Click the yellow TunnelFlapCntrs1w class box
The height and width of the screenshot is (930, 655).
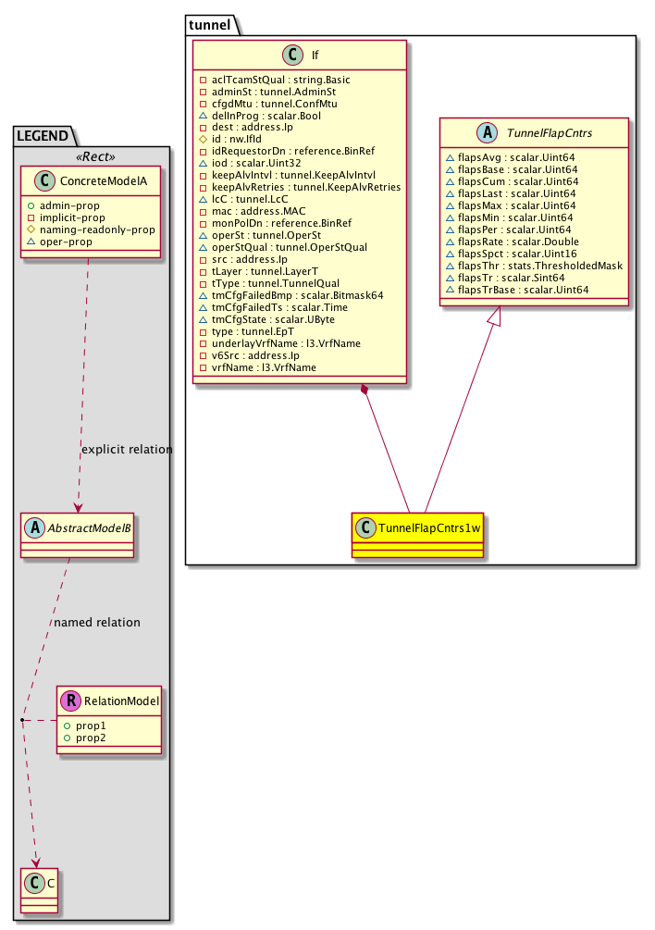click(417, 534)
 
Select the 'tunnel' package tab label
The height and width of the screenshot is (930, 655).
click(210, 24)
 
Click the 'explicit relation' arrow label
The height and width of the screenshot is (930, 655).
click(127, 450)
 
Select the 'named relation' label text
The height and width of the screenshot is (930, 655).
click(97, 623)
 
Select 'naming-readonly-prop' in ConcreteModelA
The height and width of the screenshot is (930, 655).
click(104, 229)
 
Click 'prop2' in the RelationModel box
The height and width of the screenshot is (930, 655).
click(90, 739)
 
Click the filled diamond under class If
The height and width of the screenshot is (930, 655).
click(367, 391)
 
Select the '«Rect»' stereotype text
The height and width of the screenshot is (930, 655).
click(91, 154)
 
